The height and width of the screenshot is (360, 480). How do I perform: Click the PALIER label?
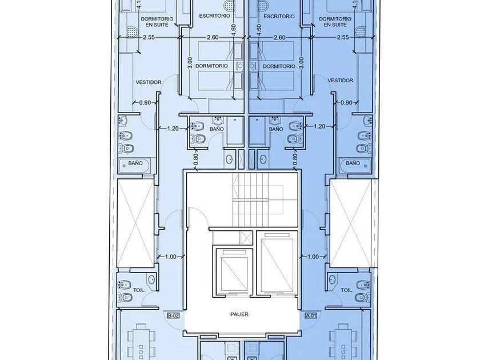click(x=239, y=314)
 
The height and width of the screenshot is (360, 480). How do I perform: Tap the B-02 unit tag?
click(x=173, y=315)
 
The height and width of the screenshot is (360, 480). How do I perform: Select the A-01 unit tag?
click(x=311, y=315)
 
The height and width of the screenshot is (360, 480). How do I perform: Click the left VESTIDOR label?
click(x=149, y=82)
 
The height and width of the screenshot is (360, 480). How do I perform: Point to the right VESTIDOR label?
click(x=341, y=81)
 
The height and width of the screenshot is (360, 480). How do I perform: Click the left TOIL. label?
click(x=139, y=290)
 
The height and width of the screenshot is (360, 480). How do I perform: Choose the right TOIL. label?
click(x=347, y=290)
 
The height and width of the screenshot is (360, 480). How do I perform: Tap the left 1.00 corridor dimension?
click(x=170, y=257)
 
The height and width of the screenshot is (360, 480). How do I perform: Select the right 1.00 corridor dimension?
click(x=313, y=257)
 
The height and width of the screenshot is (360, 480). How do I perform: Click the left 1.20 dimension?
click(x=173, y=129)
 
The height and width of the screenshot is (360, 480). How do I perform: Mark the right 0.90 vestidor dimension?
click(x=346, y=102)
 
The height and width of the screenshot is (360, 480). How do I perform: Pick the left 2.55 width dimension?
click(x=149, y=37)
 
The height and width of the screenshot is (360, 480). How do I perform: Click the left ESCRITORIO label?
click(x=214, y=15)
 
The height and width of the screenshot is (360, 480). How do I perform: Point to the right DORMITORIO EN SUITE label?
click(x=335, y=22)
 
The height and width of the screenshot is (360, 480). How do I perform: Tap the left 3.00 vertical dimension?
click(x=190, y=63)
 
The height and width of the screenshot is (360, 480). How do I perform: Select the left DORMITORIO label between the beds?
click(x=211, y=66)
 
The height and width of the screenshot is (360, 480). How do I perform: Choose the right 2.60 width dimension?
click(x=279, y=37)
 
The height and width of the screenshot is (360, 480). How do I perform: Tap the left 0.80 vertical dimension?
click(x=196, y=159)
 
